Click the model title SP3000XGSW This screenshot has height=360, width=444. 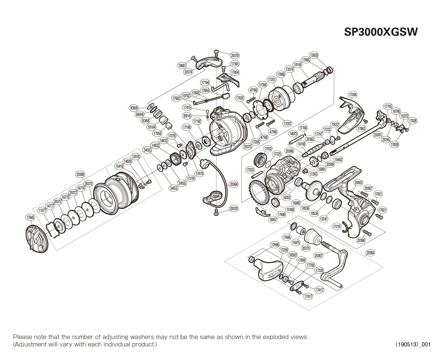pos(381,32)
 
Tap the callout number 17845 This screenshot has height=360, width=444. pos(30,218)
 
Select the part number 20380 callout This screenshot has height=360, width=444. pos(80,174)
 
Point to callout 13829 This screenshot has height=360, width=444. pos(314,55)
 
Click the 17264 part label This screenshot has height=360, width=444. pos(353,95)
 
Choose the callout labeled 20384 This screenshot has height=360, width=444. pos(370,253)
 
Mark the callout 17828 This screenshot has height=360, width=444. pos(413,121)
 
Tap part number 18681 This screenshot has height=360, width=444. pos(182,66)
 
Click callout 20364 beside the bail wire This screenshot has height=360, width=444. pos(234,184)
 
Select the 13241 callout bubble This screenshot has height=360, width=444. pos(323,219)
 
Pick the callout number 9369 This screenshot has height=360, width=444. pos(134,108)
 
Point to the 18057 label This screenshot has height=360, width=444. pos(273,220)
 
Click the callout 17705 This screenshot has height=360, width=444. pos(388,107)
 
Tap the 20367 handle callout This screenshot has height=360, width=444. pos(318,255)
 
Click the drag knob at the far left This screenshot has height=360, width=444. pos(37,238)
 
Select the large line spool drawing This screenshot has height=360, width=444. pos(116,193)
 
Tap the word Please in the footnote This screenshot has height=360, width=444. pos(23,337)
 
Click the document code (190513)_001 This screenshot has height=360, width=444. pos(413,344)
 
